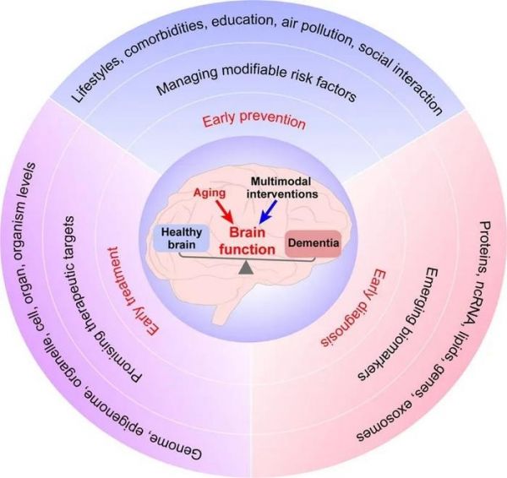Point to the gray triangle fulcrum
click(247, 268)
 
